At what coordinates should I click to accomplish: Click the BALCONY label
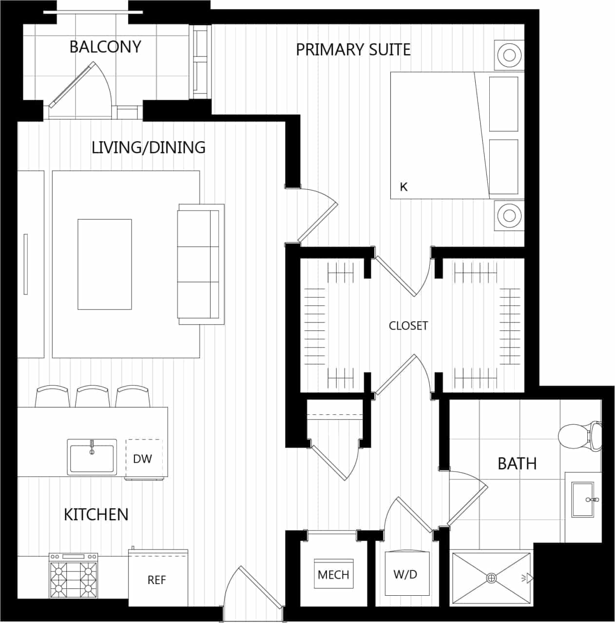pos(105,47)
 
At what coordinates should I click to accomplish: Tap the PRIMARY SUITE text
pos(353,50)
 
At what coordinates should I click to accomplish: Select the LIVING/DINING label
pos(149,147)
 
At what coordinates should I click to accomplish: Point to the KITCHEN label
pos(96,514)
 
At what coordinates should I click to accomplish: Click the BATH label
pos(517,463)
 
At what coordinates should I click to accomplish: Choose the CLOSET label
pos(408,326)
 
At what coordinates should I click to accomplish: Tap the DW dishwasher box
pos(142,458)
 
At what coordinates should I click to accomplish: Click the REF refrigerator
pos(157,579)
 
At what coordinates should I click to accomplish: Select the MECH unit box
pos(333,574)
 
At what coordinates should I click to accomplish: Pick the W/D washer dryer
pos(405,574)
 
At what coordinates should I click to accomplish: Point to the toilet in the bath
pos(580,435)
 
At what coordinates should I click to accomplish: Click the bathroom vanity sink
pos(583,499)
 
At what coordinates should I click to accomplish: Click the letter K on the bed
pos(404,187)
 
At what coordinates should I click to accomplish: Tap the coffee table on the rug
pos(105,264)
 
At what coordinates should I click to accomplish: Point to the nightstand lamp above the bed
pos(509,54)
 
